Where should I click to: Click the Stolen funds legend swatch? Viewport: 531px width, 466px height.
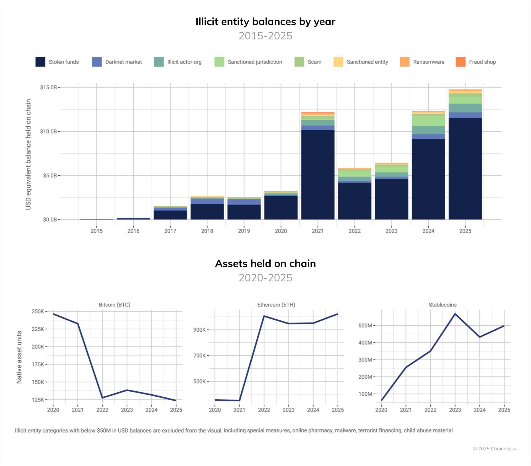coord(40,62)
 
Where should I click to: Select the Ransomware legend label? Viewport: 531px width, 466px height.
coord(428,62)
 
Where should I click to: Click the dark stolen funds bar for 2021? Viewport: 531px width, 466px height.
coord(318,174)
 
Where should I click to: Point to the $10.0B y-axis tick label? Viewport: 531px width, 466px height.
coord(48,131)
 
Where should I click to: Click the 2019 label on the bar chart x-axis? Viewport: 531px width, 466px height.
coord(244,231)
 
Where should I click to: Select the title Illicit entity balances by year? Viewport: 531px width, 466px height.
coord(265,22)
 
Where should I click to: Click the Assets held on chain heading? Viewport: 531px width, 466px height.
coord(265,264)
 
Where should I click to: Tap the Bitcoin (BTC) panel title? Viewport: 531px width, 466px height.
coord(114,305)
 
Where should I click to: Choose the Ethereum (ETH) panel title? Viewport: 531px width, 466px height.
coord(276,305)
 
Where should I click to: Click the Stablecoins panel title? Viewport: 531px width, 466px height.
coord(442,305)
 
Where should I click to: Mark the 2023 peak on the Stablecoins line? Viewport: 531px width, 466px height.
coord(455,314)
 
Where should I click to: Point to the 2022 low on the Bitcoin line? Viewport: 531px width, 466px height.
coord(102,398)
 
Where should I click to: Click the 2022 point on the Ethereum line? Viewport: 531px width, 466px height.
coord(264,316)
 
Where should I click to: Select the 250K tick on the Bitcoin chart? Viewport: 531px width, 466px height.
coord(38,311)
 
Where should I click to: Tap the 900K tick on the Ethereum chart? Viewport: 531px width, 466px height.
coord(199,330)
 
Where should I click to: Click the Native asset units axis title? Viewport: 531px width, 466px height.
coord(19,357)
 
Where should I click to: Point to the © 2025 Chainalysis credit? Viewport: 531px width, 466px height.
coord(494,449)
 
